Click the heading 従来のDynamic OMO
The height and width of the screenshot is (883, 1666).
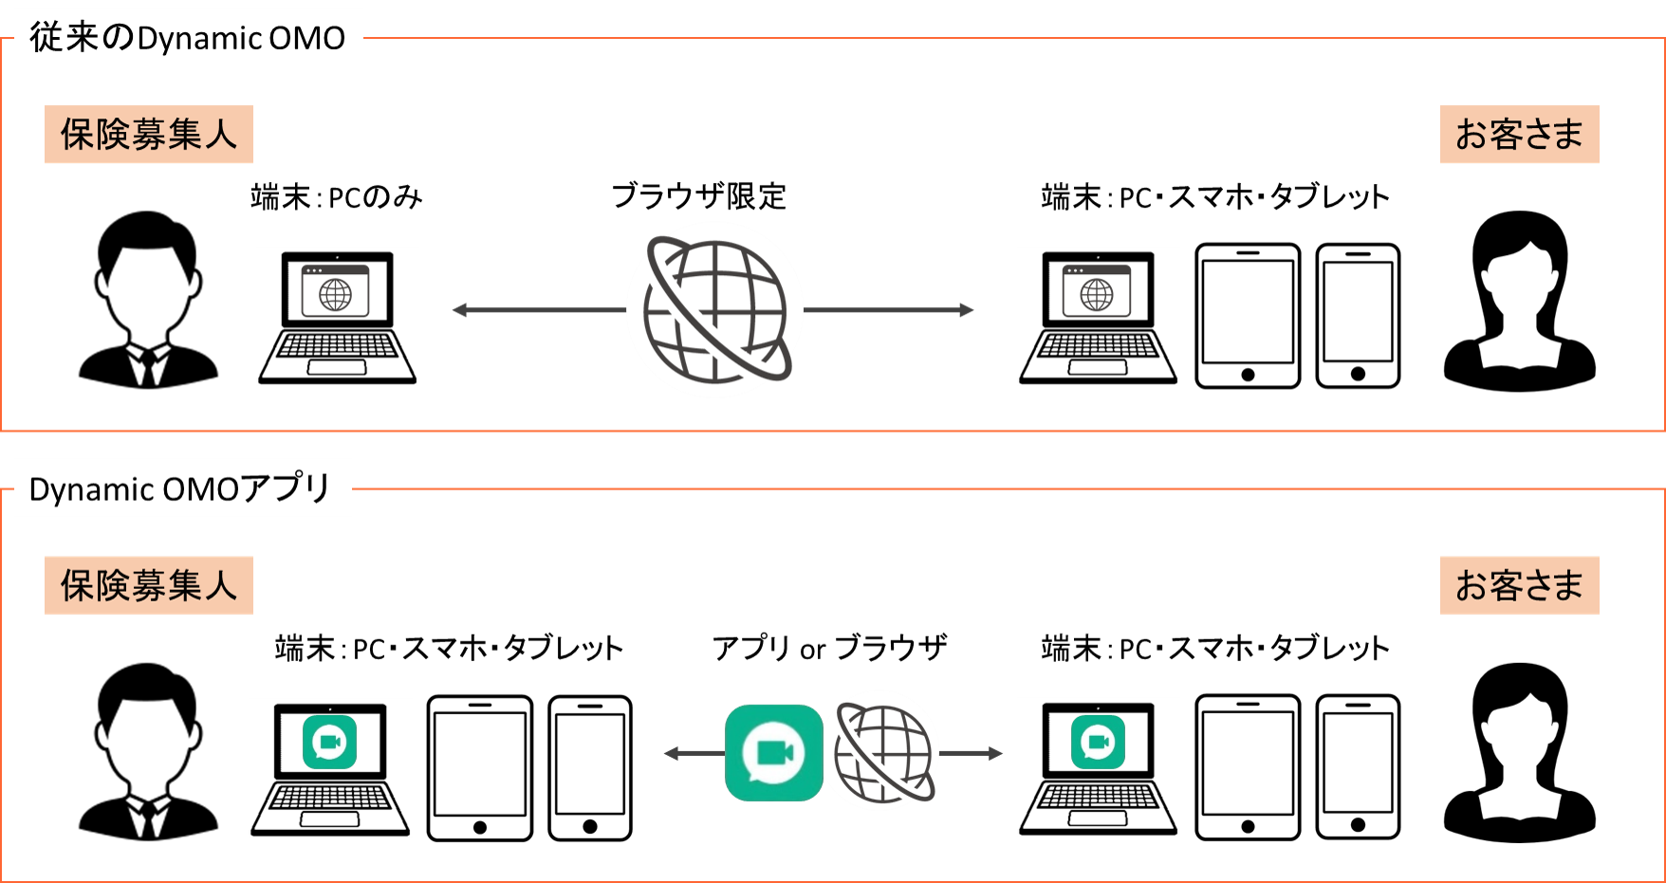[188, 38]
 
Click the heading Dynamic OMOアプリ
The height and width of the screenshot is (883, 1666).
[181, 488]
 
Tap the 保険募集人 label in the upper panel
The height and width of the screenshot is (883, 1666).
[149, 135]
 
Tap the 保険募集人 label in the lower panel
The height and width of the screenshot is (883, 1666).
[149, 585]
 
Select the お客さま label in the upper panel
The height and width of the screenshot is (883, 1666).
[1519, 135]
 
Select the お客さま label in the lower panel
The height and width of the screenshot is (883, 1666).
[1519, 585]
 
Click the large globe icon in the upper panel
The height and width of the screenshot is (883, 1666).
[715, 309]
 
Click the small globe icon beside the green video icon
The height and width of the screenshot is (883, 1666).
[881, 751]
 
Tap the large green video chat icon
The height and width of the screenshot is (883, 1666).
[773, 752]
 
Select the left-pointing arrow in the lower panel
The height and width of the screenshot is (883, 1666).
[693, 753]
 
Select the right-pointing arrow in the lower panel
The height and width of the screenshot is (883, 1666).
[972, 753]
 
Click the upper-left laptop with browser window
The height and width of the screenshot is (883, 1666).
[338, 316]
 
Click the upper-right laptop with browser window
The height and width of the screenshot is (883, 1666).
[1099, 316]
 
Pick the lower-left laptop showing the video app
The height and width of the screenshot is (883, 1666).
[330, 767]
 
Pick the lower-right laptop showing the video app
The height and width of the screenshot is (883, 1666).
[1099, 766]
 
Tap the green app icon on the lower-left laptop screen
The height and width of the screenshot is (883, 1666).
[330, 742]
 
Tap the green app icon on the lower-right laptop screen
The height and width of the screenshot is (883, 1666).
[1099, 742]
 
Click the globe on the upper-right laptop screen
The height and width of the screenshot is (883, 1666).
[1098, 294]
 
